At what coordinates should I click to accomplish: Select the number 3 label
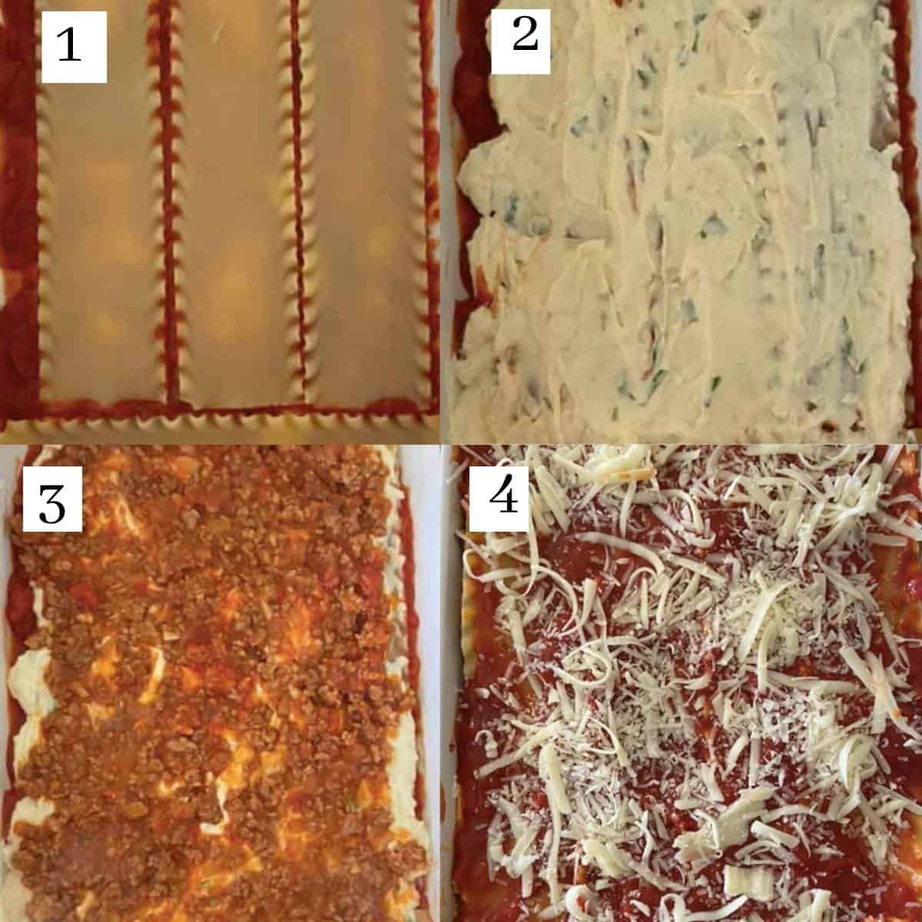coord(52,508)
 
